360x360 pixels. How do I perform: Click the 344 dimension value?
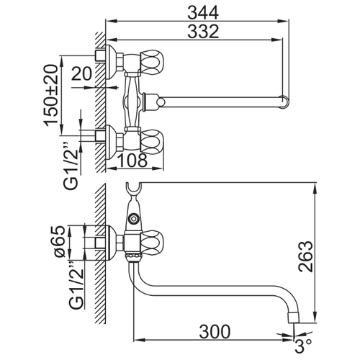tap(203, 12)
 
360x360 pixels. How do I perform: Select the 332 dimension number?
tap(203, 31)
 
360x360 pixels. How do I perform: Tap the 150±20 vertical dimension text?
tap(51, 95)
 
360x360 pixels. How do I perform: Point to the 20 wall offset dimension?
tap(81, 73)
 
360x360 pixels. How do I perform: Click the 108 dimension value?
tap(132, 160)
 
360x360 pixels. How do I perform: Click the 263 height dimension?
tap(306, 256)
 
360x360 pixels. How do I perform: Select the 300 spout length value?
tap(215, 332)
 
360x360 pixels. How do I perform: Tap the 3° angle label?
tap(303, 346)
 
